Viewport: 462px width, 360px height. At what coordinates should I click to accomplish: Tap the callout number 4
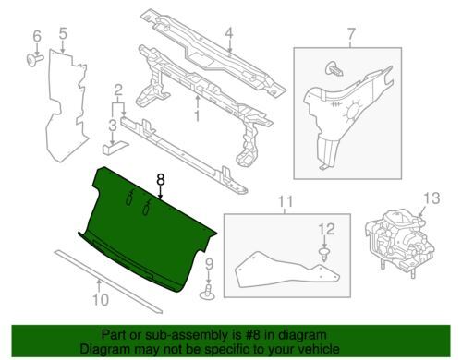tap(227, 38)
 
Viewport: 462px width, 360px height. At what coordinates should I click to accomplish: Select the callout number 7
tap(351, 36)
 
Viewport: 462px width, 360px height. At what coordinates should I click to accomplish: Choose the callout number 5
tap(63, 35)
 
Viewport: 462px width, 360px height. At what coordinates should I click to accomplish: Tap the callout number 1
tap(196, 116)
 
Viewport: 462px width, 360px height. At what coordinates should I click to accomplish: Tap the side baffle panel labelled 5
tap(69, 102)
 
